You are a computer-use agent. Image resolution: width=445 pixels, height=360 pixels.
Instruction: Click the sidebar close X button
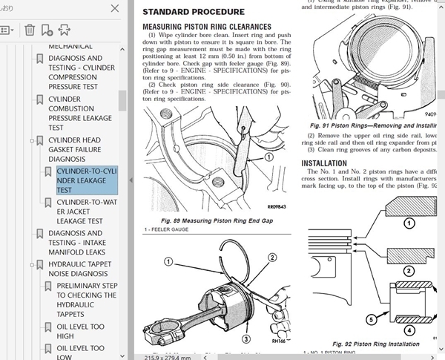pyautogui.click(x=113, y=8)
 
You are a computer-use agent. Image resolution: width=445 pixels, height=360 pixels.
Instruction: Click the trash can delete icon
pyautogui.click(x=29, y=30)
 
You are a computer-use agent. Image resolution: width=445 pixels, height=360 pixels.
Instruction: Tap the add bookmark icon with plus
pyautogui.click(x=47, y=30)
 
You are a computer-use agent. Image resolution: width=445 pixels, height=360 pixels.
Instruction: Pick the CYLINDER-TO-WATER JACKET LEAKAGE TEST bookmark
pyautogui.click(x=86, y=211)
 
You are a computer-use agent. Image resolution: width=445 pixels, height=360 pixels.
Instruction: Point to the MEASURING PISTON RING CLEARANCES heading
pyautogui.click(x=206, y=27)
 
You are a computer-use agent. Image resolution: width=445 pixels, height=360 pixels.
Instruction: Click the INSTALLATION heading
pyautogui.click(x=325, y=163)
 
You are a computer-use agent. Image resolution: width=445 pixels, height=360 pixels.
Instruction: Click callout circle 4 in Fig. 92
pyautogui.click(x=408, y=330)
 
